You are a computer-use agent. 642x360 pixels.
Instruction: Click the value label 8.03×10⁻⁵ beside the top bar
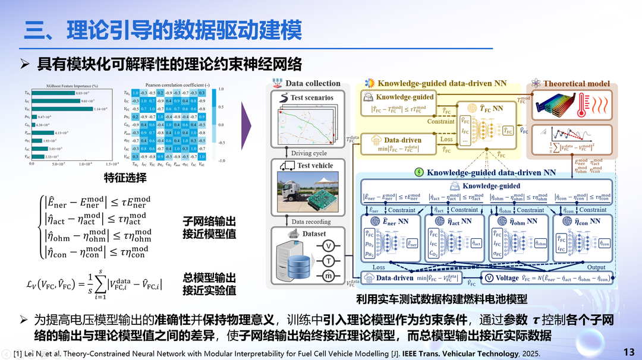83,93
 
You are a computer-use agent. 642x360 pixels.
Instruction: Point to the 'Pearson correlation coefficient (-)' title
167,86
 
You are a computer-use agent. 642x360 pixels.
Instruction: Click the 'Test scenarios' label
312,97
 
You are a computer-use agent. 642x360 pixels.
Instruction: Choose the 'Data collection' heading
313,84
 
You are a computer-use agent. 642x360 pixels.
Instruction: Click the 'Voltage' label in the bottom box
507,278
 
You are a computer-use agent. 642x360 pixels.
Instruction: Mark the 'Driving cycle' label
309,154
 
